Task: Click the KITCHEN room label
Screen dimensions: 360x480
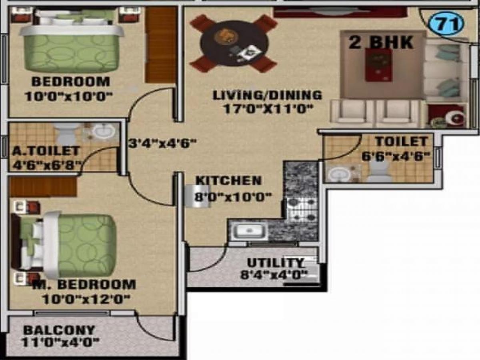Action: (x=228, y=181)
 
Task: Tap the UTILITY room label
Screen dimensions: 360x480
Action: (x=275, y=263)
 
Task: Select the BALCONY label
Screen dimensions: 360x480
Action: (x=59, y=330)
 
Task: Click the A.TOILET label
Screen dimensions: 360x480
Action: (x=46, y=151)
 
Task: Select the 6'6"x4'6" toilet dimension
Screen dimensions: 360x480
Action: (x=396, y=156)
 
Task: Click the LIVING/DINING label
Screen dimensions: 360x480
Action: (x=267, y=95)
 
